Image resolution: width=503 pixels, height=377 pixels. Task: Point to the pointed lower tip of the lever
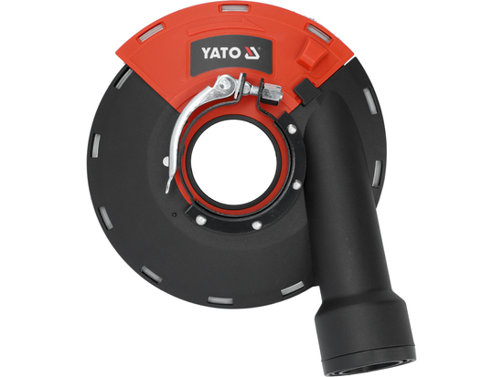168,189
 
